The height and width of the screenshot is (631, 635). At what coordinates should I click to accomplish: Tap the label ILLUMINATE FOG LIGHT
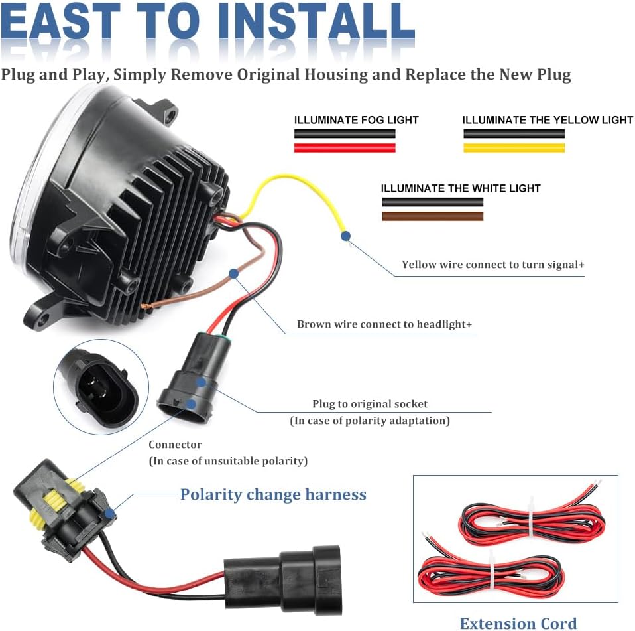356,120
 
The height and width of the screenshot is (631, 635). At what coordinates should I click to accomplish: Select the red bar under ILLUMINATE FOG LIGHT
345,148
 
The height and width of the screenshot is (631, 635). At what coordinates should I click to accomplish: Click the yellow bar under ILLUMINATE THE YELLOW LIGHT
514,148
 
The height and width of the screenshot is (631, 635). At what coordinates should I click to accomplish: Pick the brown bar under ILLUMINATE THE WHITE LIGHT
432,216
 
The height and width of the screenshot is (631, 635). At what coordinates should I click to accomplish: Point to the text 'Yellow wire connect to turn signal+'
493,265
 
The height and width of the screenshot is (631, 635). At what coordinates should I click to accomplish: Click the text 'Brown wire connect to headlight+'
384,324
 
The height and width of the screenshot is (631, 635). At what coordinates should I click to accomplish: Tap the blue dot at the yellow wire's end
345,234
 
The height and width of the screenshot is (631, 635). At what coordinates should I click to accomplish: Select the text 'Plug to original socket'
370,403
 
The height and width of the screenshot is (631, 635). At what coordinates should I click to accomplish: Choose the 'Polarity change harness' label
273,494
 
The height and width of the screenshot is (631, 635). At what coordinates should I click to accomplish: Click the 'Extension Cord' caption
518,622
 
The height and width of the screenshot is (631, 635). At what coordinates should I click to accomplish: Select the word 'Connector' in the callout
175,445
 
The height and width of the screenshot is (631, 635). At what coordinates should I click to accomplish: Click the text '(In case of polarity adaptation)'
370,421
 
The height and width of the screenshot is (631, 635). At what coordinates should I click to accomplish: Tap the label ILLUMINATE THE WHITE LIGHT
461,188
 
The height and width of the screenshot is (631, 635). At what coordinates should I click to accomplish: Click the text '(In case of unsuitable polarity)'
228,460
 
